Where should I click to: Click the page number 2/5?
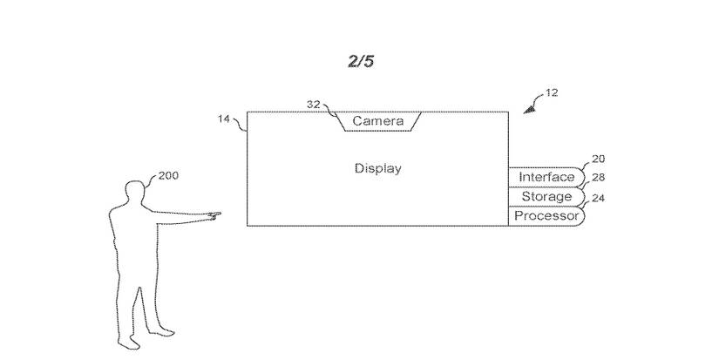[x=360, y=62]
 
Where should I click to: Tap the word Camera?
[x=377, y=121]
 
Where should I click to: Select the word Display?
[x=377, y=168]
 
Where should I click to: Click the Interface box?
[x=546, y=177]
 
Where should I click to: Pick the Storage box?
[x=546, y=197]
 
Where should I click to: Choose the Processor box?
[x=546, y=215]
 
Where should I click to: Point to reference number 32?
[x=314, y=104]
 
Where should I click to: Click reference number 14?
[x=225, y=120]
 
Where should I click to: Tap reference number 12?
[x=552, y=92]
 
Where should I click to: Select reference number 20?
[x=598, y=160]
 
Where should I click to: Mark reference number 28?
[x=598, y=178]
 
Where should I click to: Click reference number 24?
[x=598, y=198]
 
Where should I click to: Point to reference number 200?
[x=168, y=175]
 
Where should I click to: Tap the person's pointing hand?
[x=213, y=213]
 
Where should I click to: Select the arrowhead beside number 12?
[x=528, y=109]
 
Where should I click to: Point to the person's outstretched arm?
[x=179, y=217]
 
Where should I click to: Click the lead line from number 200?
[x=150, y=180]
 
